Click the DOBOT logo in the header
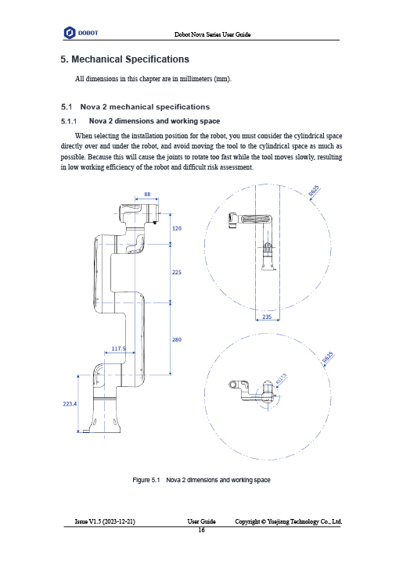tap(81, 33)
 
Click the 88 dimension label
tap(147, 194)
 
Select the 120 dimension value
tap(177, 228)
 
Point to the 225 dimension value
tap(177, 272)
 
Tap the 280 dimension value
tap(177, 340)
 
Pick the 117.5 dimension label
tap(118, 349)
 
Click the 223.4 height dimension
tap(70, 403)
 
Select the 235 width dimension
tap(267, 317)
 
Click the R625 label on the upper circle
tap(314, 191)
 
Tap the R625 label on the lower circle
tap(328, 357)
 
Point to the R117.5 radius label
tap(281, 378)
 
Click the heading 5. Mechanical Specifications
tap(124, 59)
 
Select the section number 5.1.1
tap(69, 121)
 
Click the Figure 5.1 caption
tap(201, 480)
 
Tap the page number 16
tap(201, 530)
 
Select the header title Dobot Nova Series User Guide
tap(212, 34)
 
